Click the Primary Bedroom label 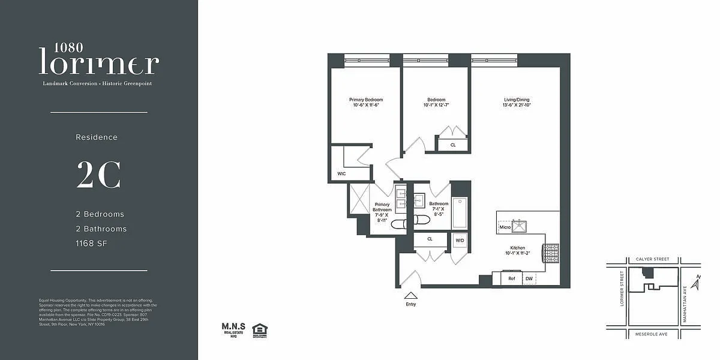tap(366, 100)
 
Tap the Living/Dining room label tap(516, 100)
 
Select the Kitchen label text tap(517, 248)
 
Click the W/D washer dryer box tap(460, 241)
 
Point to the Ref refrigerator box tap(511, 279)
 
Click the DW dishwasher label tap(529, 279)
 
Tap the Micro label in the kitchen tap(505, 227)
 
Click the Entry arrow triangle tap(410, 295)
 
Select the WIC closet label tap(341, 174)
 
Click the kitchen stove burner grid tap(551, 253)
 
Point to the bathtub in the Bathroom tap(460, 212)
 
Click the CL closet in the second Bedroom tap(453, 145)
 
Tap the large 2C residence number tap(98, 174)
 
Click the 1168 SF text tap(92, 243)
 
